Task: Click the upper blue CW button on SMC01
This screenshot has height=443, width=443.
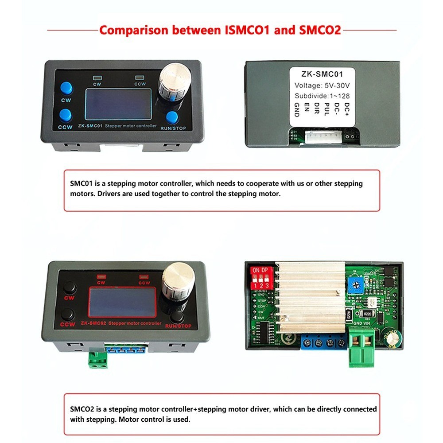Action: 66,87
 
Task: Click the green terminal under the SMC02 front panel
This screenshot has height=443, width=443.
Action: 99,359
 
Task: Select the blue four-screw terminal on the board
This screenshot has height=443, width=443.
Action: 322,343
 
